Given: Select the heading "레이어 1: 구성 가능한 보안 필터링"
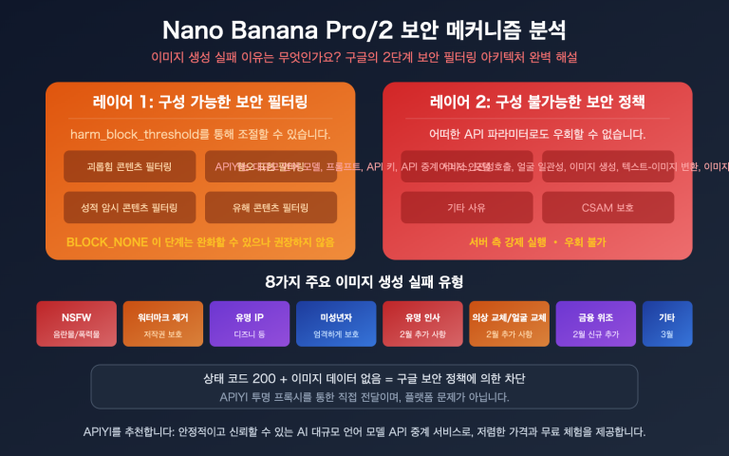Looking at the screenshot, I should (x=200, y=102).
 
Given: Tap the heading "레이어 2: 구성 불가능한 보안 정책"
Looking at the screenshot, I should (x=537, y=102).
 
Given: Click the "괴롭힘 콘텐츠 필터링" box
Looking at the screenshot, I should (x=130, y=166).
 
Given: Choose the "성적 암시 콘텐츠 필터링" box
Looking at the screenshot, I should (x=130, y=207).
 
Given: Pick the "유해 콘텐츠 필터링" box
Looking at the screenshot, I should (x=271, y=207).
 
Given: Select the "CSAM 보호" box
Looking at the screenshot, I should (x=607, y=207).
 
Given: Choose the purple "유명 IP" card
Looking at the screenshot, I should (x=249, y=324).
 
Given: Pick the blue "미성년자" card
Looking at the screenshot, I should (x=335, y=324).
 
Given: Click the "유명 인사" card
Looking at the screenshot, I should (x=421, y=324).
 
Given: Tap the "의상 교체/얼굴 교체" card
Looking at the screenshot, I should (x=509, y=324).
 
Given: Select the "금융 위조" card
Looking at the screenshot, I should (x=595, y=324).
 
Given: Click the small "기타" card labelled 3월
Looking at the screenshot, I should (x=667, y=324).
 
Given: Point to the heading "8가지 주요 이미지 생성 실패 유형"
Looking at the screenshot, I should (x=364, y=282).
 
